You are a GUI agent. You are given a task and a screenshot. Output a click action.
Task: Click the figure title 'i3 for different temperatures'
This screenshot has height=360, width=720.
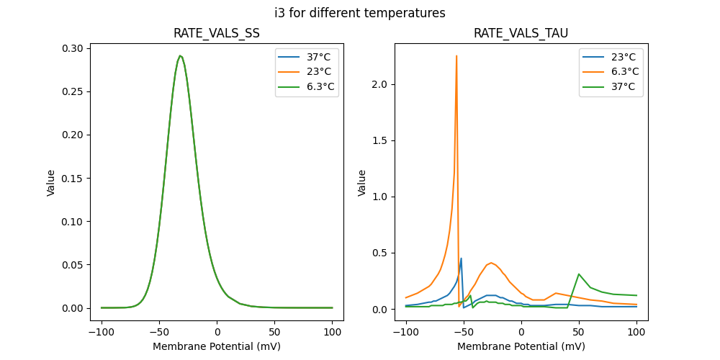(x=359, y=13)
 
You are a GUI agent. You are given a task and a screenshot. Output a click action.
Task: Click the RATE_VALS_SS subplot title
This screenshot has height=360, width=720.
(x=217, y=33)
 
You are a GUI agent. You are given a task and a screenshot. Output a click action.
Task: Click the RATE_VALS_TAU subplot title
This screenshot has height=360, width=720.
(x=521, y=33)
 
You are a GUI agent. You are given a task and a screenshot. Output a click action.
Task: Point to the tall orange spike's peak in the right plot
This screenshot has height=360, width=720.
(x=456, y=56)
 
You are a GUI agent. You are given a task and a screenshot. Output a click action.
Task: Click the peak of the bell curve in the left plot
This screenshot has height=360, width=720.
(x=181, y=55)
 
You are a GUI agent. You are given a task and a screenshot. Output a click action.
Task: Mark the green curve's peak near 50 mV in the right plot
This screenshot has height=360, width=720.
(x=579, y=274)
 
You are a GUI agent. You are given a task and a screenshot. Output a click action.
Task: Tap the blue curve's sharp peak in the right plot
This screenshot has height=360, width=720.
(x=461, y=258)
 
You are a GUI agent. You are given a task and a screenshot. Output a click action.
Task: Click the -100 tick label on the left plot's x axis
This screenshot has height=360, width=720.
(x=102, y=333)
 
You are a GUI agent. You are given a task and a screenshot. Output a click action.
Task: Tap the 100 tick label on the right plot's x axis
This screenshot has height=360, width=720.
(x=636, y=333)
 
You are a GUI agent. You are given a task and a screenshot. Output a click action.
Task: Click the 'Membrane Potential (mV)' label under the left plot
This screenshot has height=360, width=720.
(x=217, y=346)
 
